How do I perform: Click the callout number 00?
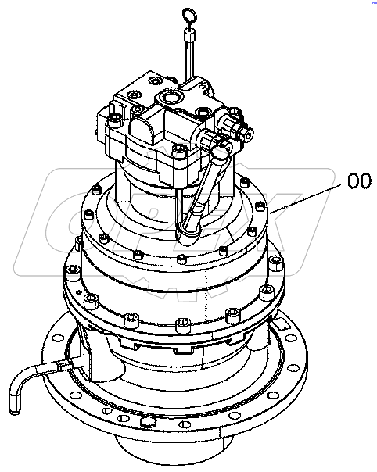click(x=357, y=182)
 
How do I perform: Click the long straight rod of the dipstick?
click(x=188, y=59)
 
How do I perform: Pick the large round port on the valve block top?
click(x=171, y=98)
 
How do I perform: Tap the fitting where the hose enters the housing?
click(x=69, y=362)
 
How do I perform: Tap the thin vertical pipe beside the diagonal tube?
click(x=181, y=203)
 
